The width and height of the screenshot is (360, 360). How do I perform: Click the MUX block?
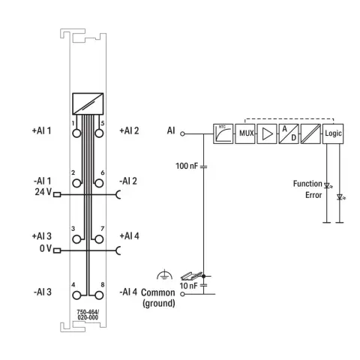[x=245, y=133]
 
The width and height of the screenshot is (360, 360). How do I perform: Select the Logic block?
[x=333, y=133]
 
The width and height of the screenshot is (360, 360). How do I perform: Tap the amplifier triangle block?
[x=267, y=133]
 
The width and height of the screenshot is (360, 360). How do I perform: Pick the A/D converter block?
[x=289, y=133]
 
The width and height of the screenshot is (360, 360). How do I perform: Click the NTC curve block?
[x=223, y=133]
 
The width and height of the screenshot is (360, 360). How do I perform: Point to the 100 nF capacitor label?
[x=187, y=166]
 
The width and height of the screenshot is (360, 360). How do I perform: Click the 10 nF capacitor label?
[x=188, y=286]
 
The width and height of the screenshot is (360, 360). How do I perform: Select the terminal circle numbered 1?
[x=76, y=133]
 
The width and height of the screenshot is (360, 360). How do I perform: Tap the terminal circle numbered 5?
[x=99, y=133]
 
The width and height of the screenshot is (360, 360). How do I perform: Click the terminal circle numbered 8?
[x=99, y=295]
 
